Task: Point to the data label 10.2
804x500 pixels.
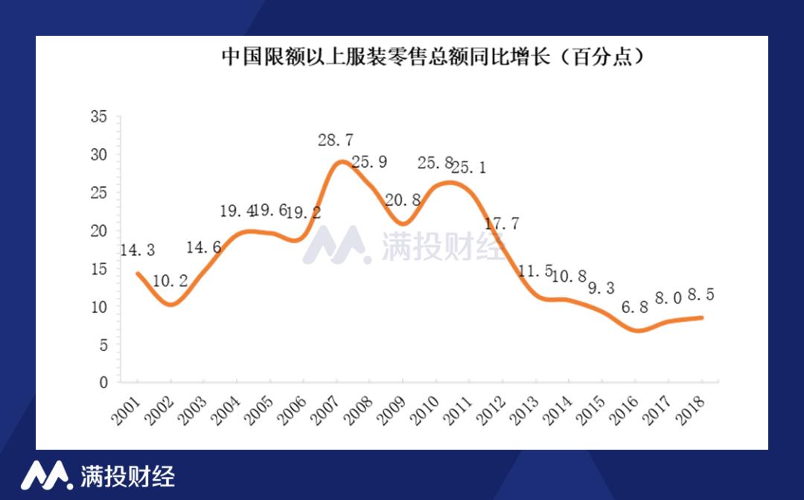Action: (170, 282)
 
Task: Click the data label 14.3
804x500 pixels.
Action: (136, 250)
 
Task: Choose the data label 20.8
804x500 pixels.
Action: (404, 200)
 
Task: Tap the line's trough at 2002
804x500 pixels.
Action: (171, 304)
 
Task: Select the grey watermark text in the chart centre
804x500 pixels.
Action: (444, 246)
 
